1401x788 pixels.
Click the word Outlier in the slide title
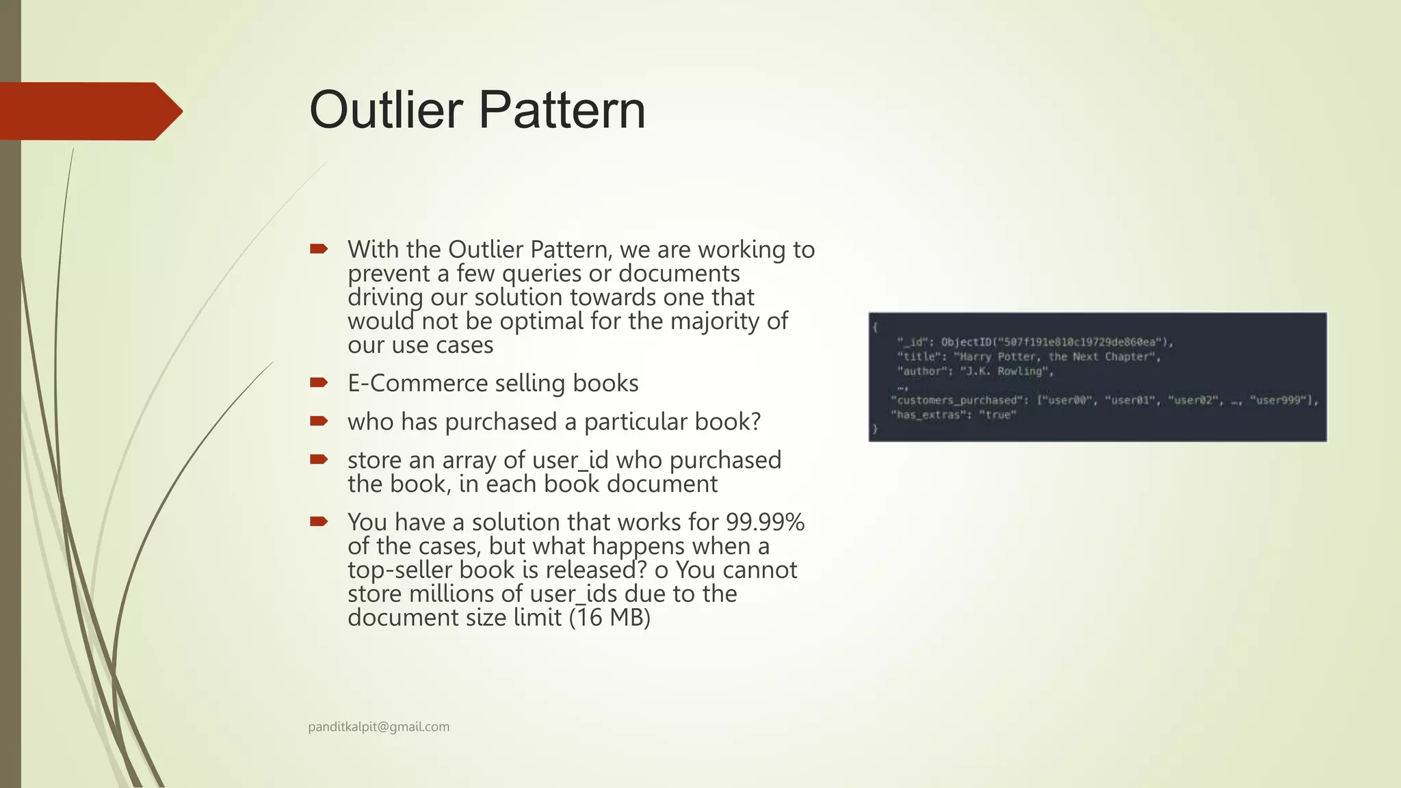click(386, 110)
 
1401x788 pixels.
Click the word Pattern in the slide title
click(562, 110)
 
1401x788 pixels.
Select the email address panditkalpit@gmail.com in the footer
click(378, 726)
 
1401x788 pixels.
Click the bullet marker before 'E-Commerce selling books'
click(319, 382)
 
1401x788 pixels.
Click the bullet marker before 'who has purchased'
click(319, 421)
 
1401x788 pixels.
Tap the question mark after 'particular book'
click(755, 421)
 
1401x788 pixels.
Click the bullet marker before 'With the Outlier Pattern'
click(319, 248)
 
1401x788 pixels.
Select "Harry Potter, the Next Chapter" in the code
click(1057, 356)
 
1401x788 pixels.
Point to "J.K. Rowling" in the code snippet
click(1006, 371)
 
